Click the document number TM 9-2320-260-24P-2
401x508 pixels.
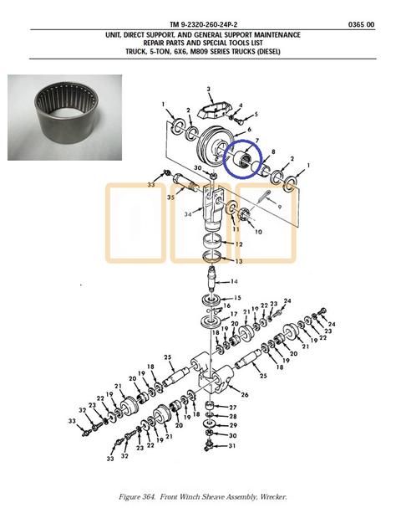pyautogui.click(x=206, y=24)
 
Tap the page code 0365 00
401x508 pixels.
pyautogui.click(x=361, y=24)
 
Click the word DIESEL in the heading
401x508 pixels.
pyautogui.click(x=268, y=52)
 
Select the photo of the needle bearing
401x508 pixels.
pyautogui.click(x=64, y=118)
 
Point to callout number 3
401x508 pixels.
pyautogui.click(x=209, y=89)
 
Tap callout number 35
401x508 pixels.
pyautogui.click(x=170, y=197)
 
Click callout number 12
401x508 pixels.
pyautogui.click(x=238, y=244)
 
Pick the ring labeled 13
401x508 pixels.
pyautogui.click(x=212, y=257)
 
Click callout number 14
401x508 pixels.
pyautogui.click(x=234, y=281)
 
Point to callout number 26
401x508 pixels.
pyautogui.click(x=245, y=395)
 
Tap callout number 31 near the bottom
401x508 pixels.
pyautogui.click(x=232, y=446)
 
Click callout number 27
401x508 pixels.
pyautogui.click(x=233, y=408)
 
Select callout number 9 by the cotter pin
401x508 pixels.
pyautogui.click(x=279, y=207)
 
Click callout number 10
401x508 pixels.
pyautogui.click(x=258, y=232)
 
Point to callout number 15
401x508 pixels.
pyautogui.click(x=237, y=298)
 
